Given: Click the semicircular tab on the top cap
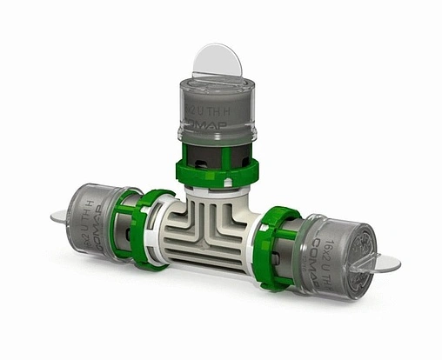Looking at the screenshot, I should (215, 61).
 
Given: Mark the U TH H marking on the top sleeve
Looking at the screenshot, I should (221, 111).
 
